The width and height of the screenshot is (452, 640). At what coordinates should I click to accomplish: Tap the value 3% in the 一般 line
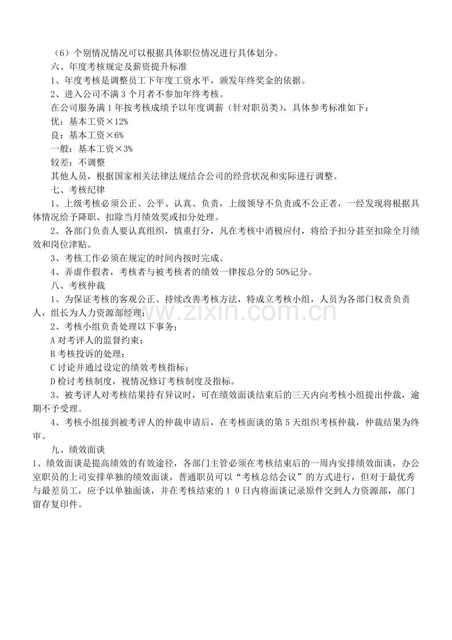pyautogui.click(x=127, y=148)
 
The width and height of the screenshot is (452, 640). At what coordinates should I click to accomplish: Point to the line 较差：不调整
pyautogui.click(x=78, y=162)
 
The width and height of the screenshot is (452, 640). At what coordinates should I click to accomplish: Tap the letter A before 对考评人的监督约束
pyautogui.click(x=53, y=340)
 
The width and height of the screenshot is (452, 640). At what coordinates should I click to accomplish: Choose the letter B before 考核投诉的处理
pyautogui.click(x=53, y=353)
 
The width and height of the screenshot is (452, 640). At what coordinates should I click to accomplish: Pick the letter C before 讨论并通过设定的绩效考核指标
pyautogui.click(x=53, y=367)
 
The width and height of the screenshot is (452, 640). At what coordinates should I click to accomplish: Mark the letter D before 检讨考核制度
pyautogui.click(x=53, y=381)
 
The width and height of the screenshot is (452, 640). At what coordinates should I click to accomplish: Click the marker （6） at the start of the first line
pyautogui.click(x=60, y=52)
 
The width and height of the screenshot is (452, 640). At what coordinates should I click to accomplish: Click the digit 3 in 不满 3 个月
pyautogui.click(x=123, y=93)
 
